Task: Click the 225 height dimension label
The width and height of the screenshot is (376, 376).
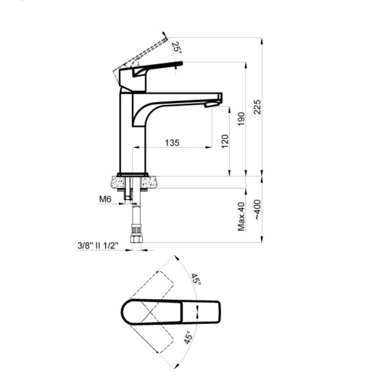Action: [257, 107]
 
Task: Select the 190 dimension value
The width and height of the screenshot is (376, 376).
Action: [241, 119]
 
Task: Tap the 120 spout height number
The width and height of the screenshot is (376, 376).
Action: [225, 141]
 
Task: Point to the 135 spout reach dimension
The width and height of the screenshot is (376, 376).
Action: [172, 143]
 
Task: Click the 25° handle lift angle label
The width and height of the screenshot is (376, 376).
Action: [177, 48]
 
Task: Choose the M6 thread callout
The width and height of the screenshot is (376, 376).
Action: [105, 199]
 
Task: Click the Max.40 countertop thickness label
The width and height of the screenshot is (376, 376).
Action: [241, 217]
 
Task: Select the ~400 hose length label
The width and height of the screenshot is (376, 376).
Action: [257, 209]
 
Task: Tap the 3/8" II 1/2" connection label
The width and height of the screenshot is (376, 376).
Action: [98, 245]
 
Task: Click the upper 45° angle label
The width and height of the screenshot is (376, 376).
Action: [196, 279]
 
